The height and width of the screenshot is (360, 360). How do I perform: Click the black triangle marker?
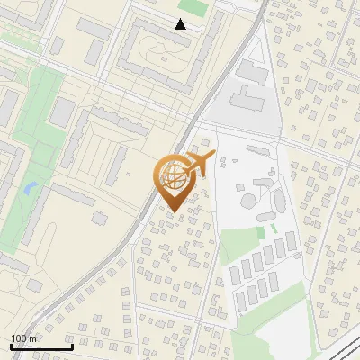(x=181, y=24)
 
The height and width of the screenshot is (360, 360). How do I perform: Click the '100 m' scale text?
(x=24, y=337)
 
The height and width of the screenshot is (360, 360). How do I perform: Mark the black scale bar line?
(x=41, y=346)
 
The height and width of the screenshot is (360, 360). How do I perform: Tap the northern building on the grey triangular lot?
(x=253, y=72)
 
